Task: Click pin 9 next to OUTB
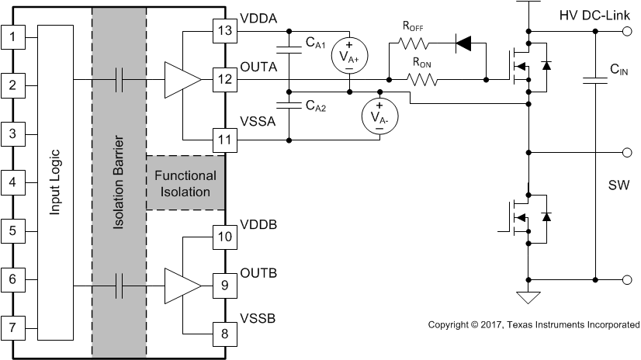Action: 223,286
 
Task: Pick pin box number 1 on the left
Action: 12,36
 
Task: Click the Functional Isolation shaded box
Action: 185,182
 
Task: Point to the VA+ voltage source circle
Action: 348,54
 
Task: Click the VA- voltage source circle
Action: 379,118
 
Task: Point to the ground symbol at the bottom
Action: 528,296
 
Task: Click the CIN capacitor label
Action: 618,71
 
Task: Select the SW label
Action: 618,187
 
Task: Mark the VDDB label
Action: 260,224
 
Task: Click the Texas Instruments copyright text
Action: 533,324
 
